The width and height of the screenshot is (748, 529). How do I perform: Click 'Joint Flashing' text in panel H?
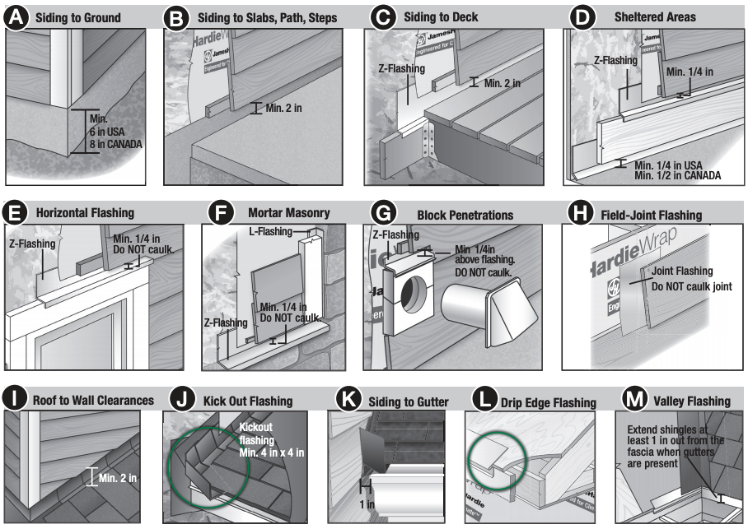(682, 271)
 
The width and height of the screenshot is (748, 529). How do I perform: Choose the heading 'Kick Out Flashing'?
(246, 401)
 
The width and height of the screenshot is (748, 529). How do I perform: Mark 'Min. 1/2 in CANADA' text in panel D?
(677, 175)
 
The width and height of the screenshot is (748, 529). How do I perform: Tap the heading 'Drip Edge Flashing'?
(549, 402)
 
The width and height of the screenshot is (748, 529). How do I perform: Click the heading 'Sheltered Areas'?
(655, 17)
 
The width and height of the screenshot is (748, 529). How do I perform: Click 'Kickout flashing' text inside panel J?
(260, 434)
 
